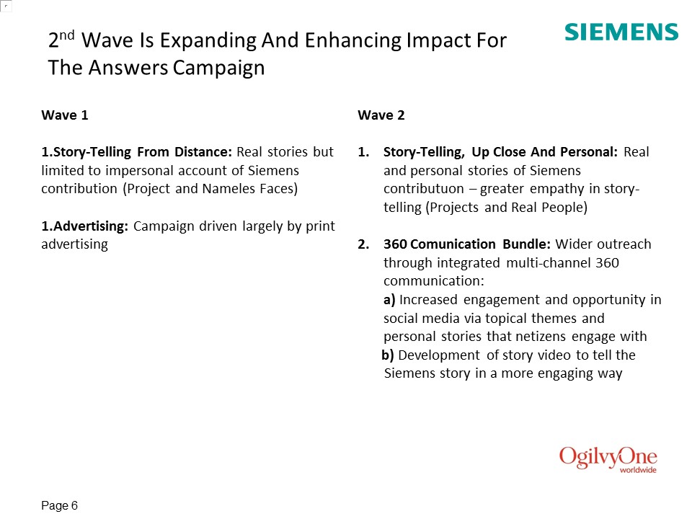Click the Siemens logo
621,32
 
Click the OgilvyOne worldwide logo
608,459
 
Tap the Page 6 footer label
59,505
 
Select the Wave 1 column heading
65,115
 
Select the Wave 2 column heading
381,115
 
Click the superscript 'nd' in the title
66,35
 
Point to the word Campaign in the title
218,68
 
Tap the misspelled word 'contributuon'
424,188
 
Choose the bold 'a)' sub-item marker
389,300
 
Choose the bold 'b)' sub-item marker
388,355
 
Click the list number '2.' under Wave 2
363,244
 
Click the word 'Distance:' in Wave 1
203,152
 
